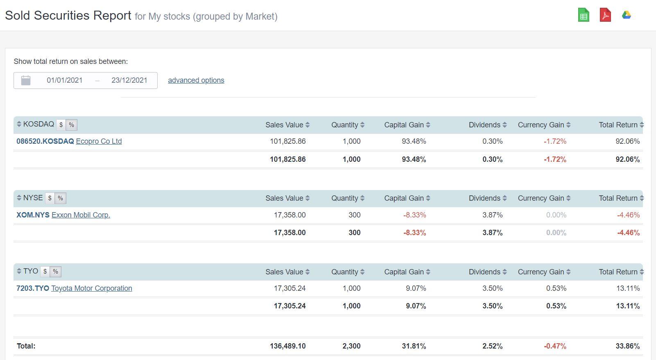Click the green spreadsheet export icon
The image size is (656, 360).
click(x=584, y=15)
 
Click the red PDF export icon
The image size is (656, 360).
click(x=605, y=15)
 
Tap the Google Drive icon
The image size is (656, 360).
click(x=627, y=15)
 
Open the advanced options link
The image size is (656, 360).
click(x=196, y=80)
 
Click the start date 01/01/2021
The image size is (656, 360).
click(x=64, y=80)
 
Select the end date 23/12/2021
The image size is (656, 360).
click(x=129, y=80)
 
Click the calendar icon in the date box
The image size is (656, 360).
click(x=26, y=80)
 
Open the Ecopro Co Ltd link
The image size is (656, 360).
click(x=99, y=141)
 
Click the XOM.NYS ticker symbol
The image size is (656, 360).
click(x=33, y=215)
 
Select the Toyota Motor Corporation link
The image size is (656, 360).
click(x=91, y=288)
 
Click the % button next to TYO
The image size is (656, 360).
click(x=55, y=272)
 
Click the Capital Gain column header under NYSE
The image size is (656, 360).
click(x=404, y=198)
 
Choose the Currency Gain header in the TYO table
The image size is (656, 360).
click(x=541, y=272)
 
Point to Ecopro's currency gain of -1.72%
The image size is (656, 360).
click(x=555, y=141)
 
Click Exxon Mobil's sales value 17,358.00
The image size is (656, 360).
click(x=290, y=215)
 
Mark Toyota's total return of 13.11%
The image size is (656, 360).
click(x=628, y=288)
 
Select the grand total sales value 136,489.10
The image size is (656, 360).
click(x=287, y=346)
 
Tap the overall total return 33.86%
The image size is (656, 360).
click(x=627, y=346)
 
